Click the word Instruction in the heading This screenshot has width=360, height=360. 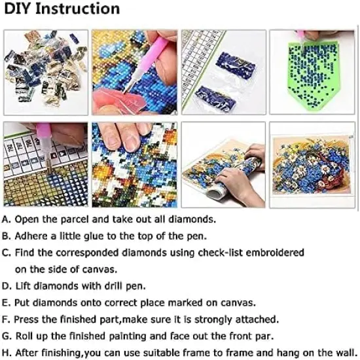tap(78, 9)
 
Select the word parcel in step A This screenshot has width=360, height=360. tap(75, 220)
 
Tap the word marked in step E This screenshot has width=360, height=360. tap(185, 302)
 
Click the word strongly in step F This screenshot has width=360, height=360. tap(213, 319)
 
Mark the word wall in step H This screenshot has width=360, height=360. tap(347, 353)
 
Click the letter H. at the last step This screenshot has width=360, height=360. tap(7, 353)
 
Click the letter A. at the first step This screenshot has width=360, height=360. tap(7, 220)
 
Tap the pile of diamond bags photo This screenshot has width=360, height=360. tap(46, 73)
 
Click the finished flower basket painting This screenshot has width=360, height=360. tap(312, 165)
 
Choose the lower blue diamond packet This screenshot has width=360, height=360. tap(215, 99)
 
